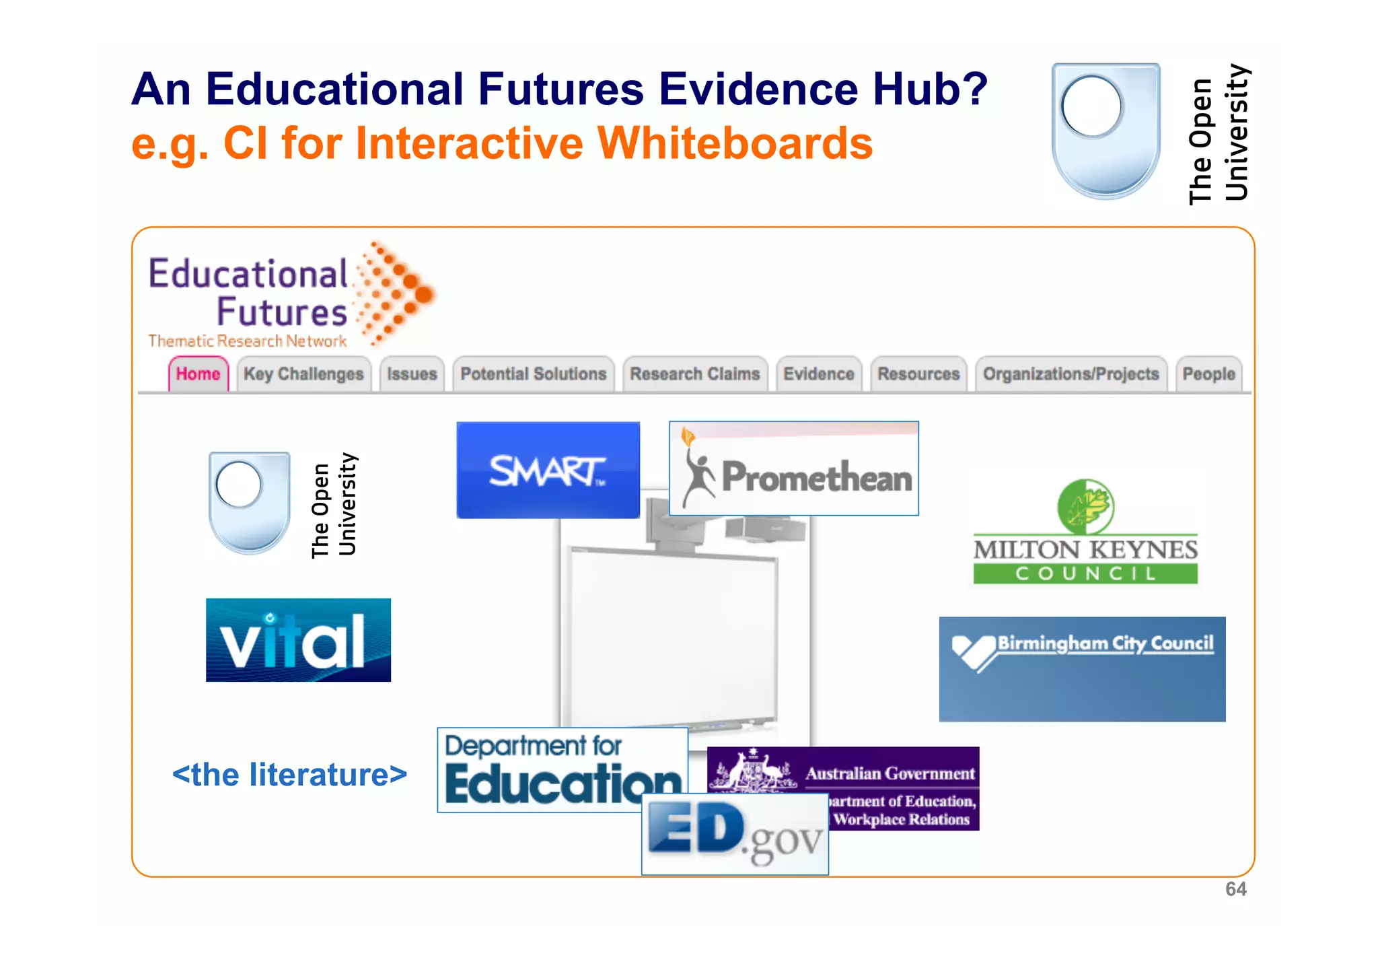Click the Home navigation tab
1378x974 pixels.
click(x=198, y=374)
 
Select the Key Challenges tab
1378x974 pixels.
click(x=303, y=374)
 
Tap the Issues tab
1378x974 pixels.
click(x=412, y=374)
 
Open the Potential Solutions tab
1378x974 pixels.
click(x=533, y=374)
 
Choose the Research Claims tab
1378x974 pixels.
click(x=694, y=374)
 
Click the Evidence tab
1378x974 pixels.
click(x=818, y=374)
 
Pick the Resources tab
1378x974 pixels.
click(x=918, y=374)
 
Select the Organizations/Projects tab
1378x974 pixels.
click(x=1071, y=374)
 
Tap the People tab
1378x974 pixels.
click(x=1208, y=374)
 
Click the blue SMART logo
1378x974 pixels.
click(x=548, y=470)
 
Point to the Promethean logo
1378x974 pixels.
click(x=794, y=469)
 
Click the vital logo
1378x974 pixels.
click(x=298, y=640)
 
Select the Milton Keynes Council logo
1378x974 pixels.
click(x=1085, y=532)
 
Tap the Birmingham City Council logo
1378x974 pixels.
click(x=1082, y=669)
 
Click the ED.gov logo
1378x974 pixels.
click(x=735, y=835)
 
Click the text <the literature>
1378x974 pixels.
click(x=289, y=775)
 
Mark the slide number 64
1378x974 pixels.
click(x=1235, y=889)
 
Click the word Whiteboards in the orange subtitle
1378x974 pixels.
click(x=735, y=143)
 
